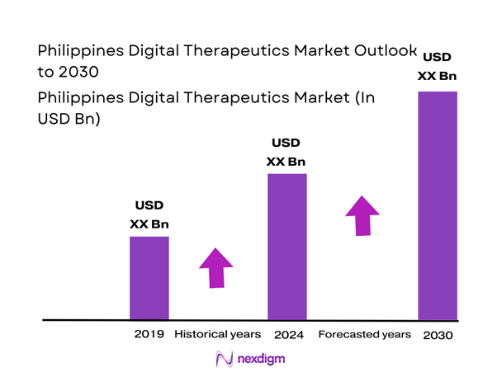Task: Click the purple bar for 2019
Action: [149, 277]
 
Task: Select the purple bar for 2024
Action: [286, 246]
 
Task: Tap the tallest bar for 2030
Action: [437, 205]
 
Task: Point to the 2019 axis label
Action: [149, 335]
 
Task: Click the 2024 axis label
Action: [287, 335]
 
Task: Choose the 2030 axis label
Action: [437, 336]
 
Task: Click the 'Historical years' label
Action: [218, 335]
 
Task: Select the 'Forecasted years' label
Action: [364, 335]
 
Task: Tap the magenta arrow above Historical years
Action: [215, 267]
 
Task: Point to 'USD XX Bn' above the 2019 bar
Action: [149, 214]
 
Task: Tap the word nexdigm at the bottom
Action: [258, 360]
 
